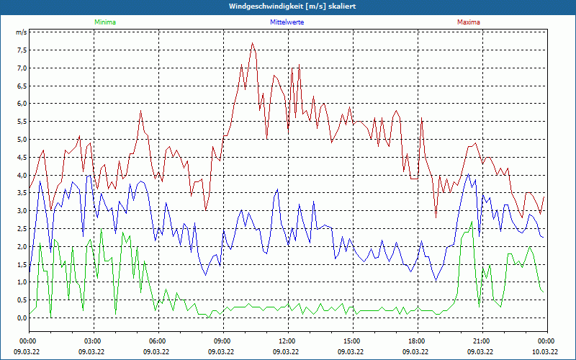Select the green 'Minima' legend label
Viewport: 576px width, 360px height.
[x=104, y=22]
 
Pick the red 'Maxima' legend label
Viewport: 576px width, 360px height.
[x=468, y=22]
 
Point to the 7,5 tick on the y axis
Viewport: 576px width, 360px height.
[x=22, y=50]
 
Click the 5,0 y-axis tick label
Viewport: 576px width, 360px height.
[x=22, y=140]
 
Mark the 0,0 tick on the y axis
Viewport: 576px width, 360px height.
[x=22, y=318]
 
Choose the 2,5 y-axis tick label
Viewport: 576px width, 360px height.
[x=22, y=229]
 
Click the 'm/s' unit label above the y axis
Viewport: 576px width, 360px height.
[x=21, y=32]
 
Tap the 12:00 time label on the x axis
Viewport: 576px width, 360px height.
[x=287, y=341]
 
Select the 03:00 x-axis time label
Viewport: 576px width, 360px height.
[x=93, y=341]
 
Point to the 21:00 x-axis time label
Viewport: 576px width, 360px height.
[x=482, y=341]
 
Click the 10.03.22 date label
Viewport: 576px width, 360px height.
[x=545, y=352]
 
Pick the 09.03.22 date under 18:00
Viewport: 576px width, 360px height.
[x=417, y=352]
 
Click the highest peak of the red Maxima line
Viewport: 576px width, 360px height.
[x=252, y=43]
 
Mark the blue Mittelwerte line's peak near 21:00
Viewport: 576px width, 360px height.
[x=469, y=174]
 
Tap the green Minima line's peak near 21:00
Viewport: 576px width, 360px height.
[x=472, y=222]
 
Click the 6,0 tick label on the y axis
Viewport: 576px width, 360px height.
[x=22, y=104]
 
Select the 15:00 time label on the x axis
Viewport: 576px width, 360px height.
[x=352, y=341]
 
